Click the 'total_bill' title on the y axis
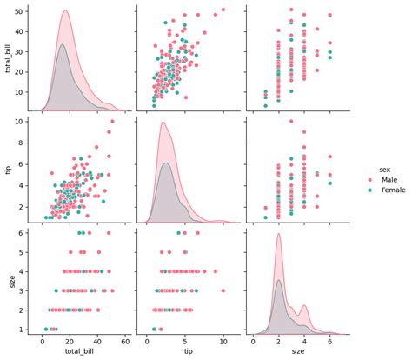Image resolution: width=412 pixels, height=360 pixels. (x=8, y=58)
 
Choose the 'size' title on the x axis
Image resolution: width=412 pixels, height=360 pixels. (x=298, y=353)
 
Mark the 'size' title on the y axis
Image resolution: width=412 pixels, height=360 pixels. (x=8, y=280)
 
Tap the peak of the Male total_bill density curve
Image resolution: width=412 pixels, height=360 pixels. (x=65, y=10)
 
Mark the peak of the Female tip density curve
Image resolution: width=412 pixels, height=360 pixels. (x=167, y=163)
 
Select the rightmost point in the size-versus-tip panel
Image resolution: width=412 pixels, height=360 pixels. (x=223, y=290)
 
